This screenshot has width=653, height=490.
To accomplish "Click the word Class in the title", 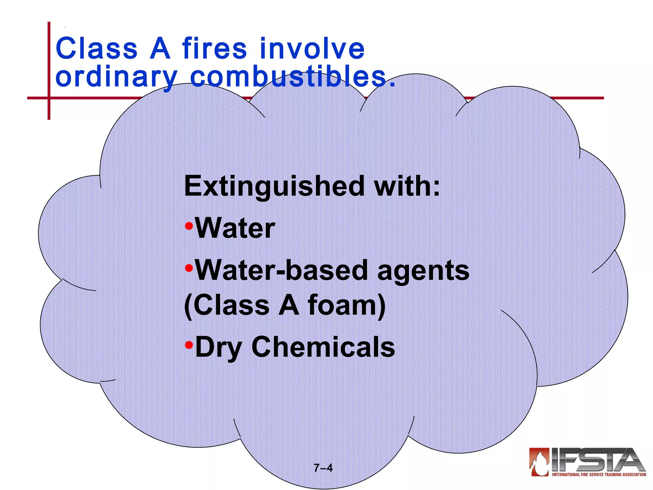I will (x=96, y=48).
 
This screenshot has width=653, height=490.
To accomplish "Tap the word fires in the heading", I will (x=215, y=48).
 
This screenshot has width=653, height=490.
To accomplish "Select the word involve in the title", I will (x=312, y=48).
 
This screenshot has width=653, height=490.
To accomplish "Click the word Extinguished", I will (x=274, y=187).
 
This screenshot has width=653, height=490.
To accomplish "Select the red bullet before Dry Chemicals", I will (x=189, y=345).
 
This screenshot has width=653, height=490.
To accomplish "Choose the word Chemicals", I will (x=323, y=347).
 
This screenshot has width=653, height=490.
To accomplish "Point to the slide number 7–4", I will (x=323, y=468).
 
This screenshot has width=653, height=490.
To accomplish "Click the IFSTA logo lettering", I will (x=596, y=460).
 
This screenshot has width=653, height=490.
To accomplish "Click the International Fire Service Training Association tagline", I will (x=599, y=475).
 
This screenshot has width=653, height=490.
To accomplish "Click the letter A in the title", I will (x=160, y=48).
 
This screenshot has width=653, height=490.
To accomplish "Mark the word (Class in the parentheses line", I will (x=227, y=305).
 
